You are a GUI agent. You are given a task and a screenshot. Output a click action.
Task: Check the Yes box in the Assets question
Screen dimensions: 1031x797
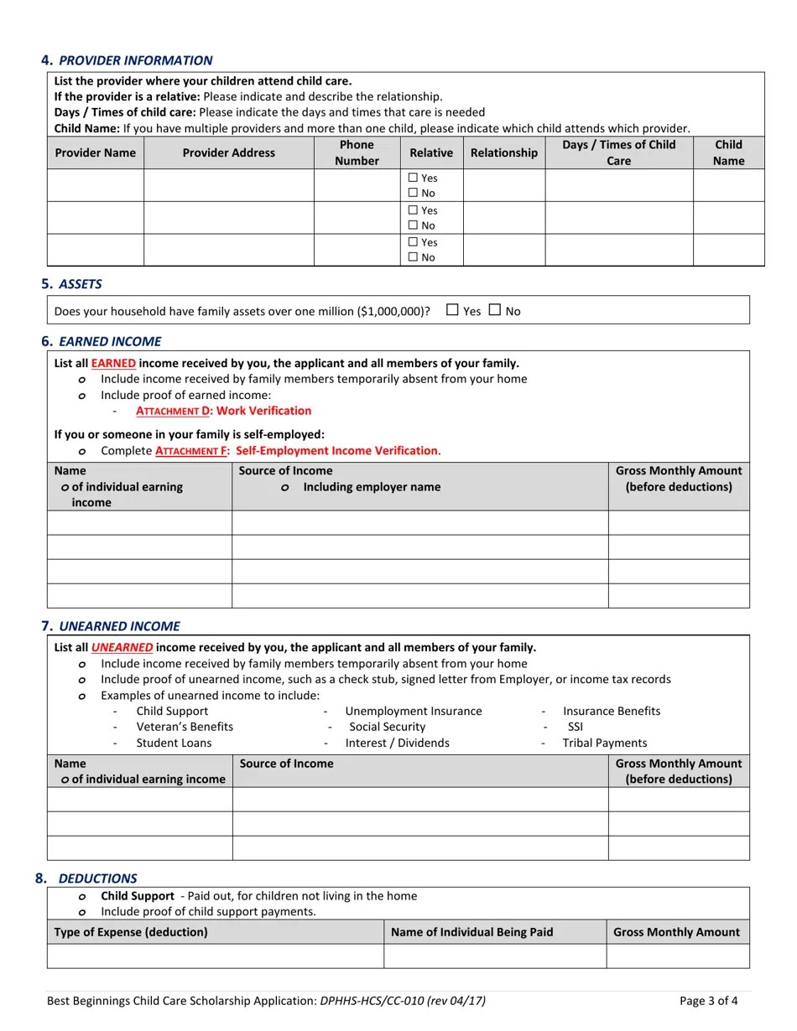click(x=452, y=310)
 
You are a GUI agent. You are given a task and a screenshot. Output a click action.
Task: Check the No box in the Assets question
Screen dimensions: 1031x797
click(x=494, y=310)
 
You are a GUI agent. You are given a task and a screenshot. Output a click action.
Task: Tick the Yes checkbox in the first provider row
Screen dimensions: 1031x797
click(x=413, y=178)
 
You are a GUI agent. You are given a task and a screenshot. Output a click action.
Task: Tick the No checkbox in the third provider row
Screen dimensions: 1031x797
click(x=413, y=257)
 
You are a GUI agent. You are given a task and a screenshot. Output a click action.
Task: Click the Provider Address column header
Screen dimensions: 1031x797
click(x=228, y=153)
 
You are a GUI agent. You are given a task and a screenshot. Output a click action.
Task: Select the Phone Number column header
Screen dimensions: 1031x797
click(x=357, y=153)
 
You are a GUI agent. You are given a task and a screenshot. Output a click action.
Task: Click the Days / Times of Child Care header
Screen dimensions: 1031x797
click(x=618, y=153)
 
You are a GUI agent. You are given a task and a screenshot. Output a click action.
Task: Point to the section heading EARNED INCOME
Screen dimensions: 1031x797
click(x=109, y=341)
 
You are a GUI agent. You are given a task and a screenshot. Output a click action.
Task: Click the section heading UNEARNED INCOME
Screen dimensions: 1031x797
click(x=118, y=626)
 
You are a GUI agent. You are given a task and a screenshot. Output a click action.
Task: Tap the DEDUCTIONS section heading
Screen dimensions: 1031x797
click(x=97, y=878)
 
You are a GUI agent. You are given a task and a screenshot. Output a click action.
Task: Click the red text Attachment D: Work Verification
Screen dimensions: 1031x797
click(x=223, y=411)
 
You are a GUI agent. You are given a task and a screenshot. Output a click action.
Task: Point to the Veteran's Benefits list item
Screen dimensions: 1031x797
click(x=185, y=727)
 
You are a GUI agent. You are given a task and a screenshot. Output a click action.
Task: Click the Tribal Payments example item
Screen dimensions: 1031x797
click(x=604, y=743)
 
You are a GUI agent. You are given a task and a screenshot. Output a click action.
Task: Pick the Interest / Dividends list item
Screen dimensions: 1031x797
click(x=397, y=743)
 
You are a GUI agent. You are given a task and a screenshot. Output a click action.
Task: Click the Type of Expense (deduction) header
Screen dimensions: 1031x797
click(x=131, y=932)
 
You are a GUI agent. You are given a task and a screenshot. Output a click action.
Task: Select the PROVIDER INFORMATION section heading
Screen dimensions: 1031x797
click(x=135, y=60)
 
